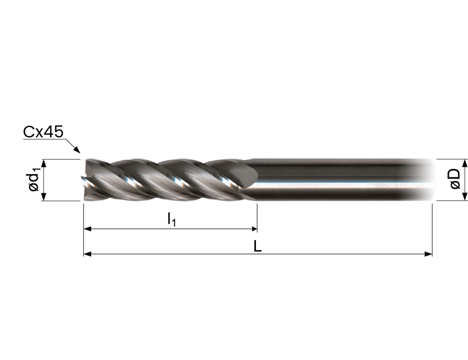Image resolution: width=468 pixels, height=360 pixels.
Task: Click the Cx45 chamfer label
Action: (x=43, y=132)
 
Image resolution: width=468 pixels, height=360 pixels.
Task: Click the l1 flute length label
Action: (x=171, y=220)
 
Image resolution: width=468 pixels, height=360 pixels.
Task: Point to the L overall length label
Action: (x=257, y=246)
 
